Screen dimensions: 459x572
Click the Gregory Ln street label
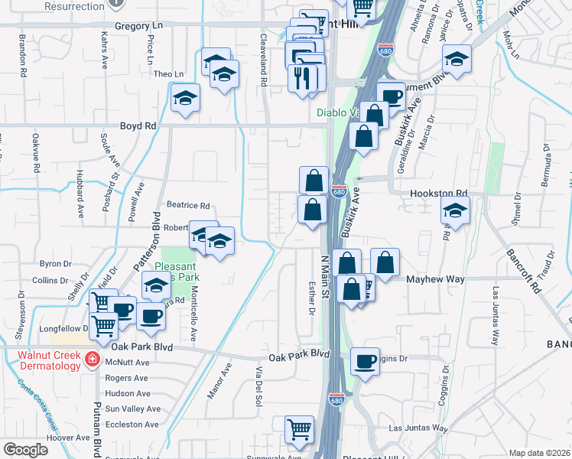(139, 25)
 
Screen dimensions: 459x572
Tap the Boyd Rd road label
(138, 125)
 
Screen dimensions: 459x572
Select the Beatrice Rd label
(188, 206)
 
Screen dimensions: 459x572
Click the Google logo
(25, 449)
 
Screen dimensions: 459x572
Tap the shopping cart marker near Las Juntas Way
(300, 429)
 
